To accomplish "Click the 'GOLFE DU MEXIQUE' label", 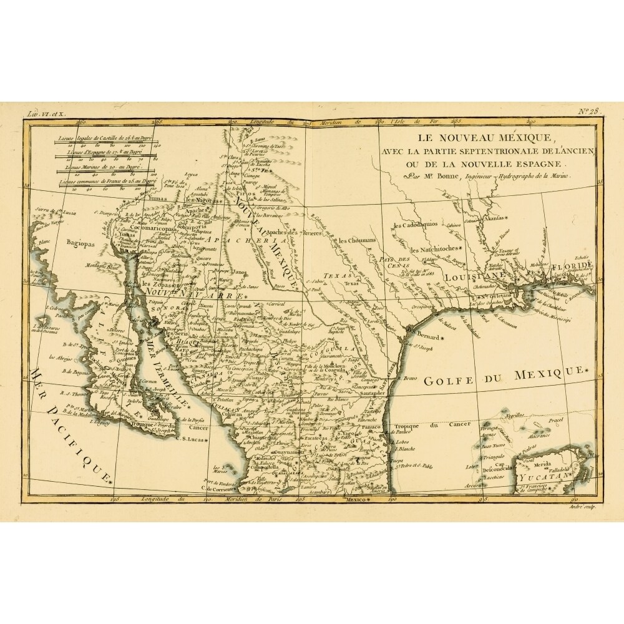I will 505,376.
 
